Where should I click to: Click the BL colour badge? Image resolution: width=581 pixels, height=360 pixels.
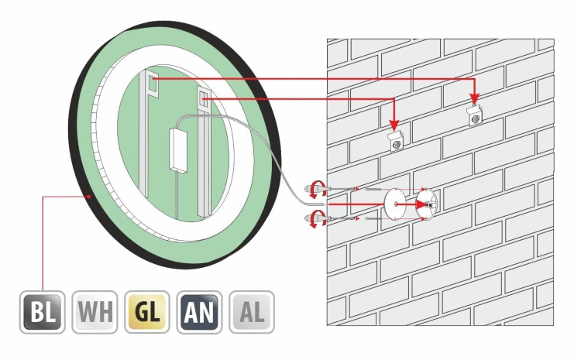(43, 312)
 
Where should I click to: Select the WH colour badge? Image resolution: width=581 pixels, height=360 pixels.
(95, 312)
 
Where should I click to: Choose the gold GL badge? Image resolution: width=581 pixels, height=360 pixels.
(147, 312)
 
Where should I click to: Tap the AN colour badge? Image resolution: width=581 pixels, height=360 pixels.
(199, 312)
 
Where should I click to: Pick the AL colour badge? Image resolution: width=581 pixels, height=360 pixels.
(252, 312)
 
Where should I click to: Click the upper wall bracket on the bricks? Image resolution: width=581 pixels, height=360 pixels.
(475, 115)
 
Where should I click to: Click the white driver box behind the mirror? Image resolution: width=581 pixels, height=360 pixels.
(179, 149)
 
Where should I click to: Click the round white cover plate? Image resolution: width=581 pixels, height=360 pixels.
(395, 204)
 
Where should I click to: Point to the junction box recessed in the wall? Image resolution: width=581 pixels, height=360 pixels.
(427, 204)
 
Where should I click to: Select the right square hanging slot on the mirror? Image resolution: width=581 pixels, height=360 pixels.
(202, 98)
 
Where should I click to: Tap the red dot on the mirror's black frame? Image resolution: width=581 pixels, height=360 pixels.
(88, 197)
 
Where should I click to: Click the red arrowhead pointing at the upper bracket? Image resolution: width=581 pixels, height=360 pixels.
(475, 99)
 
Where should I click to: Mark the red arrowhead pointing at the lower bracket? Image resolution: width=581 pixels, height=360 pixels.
(394, 125)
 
